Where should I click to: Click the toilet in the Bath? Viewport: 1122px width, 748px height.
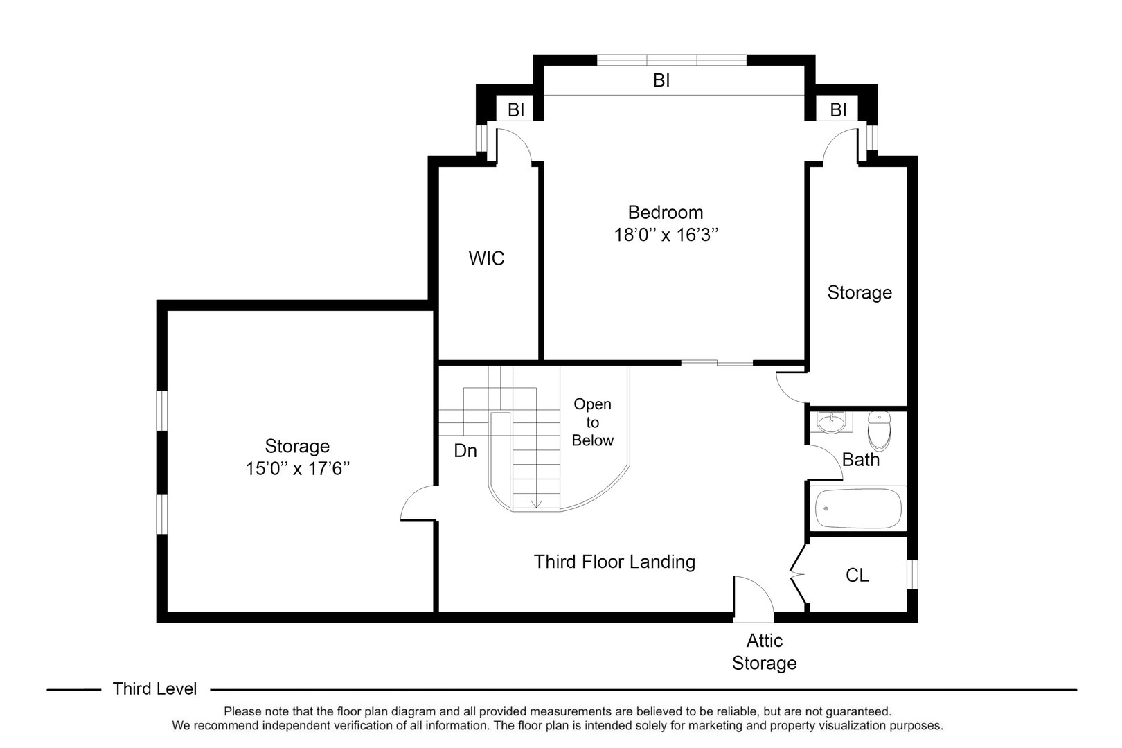click(879, 430)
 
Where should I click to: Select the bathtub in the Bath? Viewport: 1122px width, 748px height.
click(858, 509)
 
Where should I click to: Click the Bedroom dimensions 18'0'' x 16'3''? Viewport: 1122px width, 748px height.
click(665, 235)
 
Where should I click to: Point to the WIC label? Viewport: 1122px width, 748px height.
click(487, 259)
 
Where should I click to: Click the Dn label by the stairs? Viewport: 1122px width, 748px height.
click(465, 451)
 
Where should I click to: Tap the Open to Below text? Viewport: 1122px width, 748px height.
click(593, 422)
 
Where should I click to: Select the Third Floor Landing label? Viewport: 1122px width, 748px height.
click(614, 562)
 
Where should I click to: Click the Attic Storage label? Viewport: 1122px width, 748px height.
click(764, 652)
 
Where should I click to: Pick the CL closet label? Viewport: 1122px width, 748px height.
click(857, 576)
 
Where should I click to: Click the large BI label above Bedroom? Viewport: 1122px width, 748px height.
click(661, 81)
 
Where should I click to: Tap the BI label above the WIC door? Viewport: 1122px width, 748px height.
click(516, 109)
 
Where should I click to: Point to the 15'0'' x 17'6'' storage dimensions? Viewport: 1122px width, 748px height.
click(297, 469)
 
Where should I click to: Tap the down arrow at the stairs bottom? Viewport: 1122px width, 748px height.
click(535, 504)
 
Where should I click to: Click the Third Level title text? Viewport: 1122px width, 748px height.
click(155, 689)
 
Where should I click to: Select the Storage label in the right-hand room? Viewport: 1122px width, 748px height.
click(860, 292)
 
